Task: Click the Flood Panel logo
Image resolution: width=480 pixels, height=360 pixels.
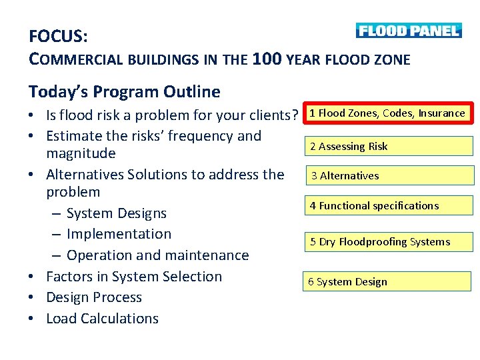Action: pos(408,31)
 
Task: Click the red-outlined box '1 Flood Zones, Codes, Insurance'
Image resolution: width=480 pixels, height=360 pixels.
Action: pos(387,113)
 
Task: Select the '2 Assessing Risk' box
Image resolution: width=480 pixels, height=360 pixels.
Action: pos(390,146)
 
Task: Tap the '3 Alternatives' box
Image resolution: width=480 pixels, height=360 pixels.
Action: pos(390,176)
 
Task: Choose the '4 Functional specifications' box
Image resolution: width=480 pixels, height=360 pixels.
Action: pos(390,205)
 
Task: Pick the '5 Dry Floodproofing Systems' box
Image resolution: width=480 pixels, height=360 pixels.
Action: pos(390,241)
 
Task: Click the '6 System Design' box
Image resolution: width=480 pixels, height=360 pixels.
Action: pos(387,281)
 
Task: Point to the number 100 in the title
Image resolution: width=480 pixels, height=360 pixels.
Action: pos(267,59)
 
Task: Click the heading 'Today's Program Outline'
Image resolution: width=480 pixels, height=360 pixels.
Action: pos(124,91)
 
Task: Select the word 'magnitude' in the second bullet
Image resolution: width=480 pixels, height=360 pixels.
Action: pos(81,153)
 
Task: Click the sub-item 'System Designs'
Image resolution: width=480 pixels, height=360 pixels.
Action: pos(116,213)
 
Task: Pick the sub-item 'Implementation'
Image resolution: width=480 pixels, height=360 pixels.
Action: pos(119,234)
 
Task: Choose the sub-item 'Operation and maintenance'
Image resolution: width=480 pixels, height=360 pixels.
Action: pos(157,255)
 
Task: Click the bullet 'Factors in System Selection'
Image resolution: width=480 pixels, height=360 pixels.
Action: pos(133,277)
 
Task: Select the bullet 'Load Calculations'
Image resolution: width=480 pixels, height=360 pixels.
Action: pos(102,319)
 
